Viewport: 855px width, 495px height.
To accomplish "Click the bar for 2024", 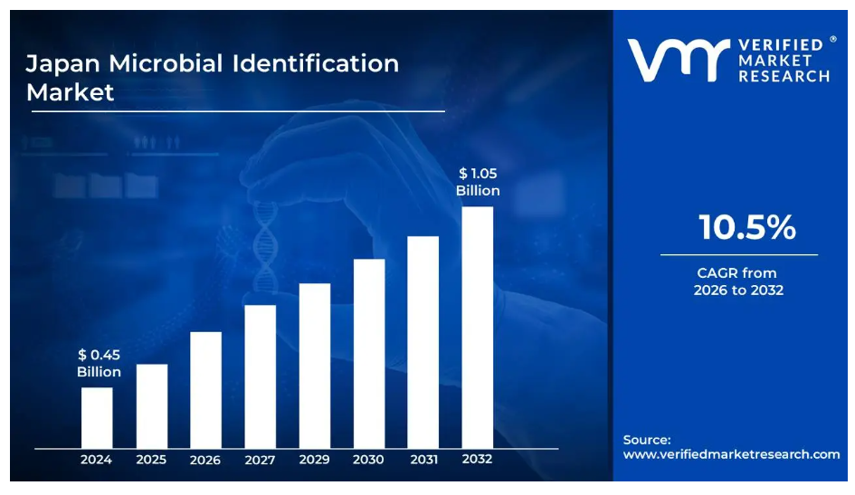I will pyautogui.click(x=97, y=417).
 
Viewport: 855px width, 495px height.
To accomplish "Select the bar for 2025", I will pyautogui.click(x=151, y=405).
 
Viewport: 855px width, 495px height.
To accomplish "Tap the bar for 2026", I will pyautogui.click(x=205, y=389).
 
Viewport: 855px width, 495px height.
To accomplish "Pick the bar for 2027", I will pyautogui.click(x=260, y=376).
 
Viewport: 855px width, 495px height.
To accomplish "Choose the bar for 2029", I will pyautogui.click(x=315, y=365).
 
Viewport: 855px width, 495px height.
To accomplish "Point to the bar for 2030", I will pyautogui.click(x=369, y=353).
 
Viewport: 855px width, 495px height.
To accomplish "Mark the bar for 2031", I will pyautogui.click(x=423, y=341).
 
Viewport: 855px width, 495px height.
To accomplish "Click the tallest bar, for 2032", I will pyautogui.click(x=478, y=327).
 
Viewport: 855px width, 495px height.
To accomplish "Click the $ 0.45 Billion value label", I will pyautogui.click(x=99, y=363).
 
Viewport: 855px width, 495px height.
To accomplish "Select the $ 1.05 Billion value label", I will pyautogui.click(x=478, y=182).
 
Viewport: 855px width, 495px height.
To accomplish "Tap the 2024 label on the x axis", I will pyautogui.click(x=97, y=460).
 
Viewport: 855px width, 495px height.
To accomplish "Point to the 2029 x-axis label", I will pyautogui.click(x=315, y=460).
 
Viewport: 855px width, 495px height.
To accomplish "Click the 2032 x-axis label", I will pyautogui.click(x=478, y=460).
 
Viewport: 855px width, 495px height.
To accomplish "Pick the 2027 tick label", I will pyautogui.click(x=260, y=460).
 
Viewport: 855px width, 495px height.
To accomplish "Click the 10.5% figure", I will pyautogui.click(x=746, y=228).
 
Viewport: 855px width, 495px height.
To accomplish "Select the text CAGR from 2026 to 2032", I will pyautogui.click(x=738, y=281).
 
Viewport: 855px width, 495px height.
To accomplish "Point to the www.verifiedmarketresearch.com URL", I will pyautogui.click(x=731, y=454).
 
